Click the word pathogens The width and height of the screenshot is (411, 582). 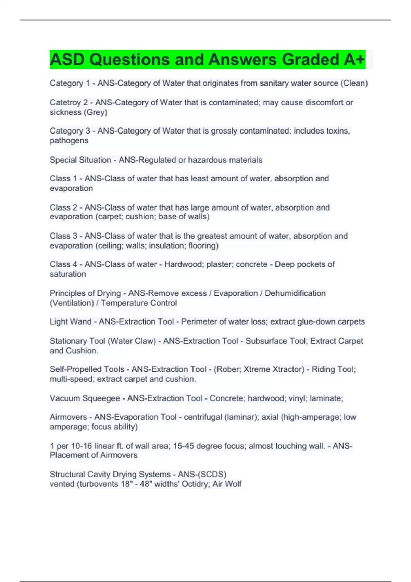point(69,141)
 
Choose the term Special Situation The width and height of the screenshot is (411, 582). point(80,160)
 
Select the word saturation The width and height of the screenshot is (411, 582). point(68,274)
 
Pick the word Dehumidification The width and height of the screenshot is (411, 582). point(295,293)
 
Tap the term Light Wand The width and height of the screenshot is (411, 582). point(71,322)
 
